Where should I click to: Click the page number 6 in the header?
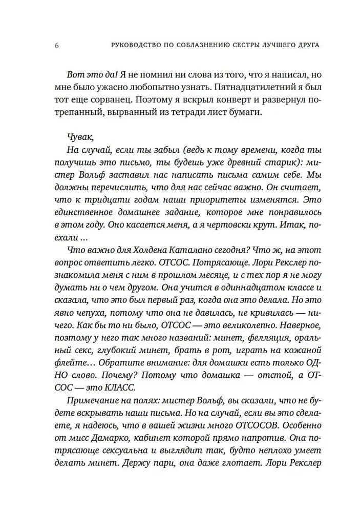(56, 45)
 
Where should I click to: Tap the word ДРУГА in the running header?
(306, 45)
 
